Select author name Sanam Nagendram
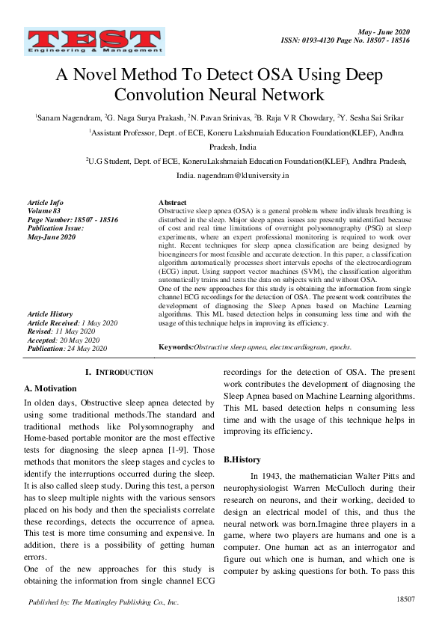pos(69,117)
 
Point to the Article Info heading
pos(45,203)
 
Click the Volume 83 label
pos(44,211)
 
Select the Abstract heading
pos(173,203)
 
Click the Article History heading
pos(49,314)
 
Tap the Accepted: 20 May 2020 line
pos(64,339)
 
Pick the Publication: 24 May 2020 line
pos(67,348)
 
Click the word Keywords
pos(176,348)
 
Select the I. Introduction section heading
pos(120,372)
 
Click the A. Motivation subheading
pos(51,388)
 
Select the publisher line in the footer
pos(103,602)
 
